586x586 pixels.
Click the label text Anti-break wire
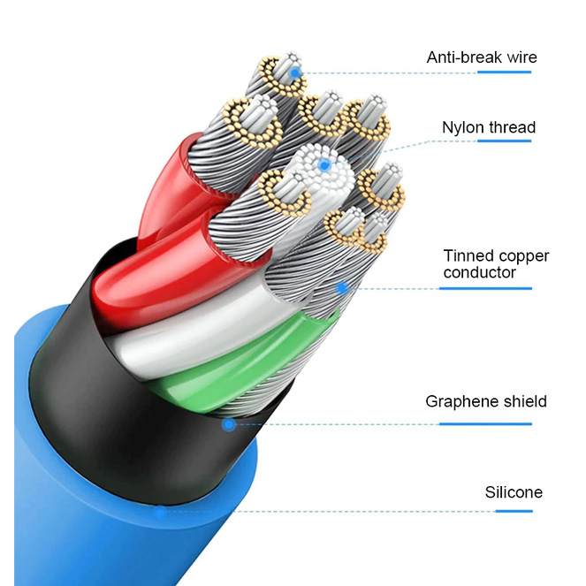pyautogui.click(x=481, y=57)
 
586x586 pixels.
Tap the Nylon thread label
pyautogui.click(x=488, y=127)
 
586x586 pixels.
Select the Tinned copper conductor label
pyautogui.click(x=496, y=263)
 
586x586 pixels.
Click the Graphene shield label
pyautogui.click(x=485, y=401)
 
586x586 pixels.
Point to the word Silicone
pyautogui.click(x=513, y=492)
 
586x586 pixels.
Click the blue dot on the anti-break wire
pyautogui.click(x=295, y=72)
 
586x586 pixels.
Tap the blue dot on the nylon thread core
pyautogui.click(x=324, y=164)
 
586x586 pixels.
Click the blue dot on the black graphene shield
pyautogui.click(x=228, y=425)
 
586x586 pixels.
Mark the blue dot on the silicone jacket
pyautogui.click(x=160, y=510)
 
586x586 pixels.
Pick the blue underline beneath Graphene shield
pyautogui.click(x=485, y=424)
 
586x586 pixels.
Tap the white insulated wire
pyautogui.click(x=177, y=340)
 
